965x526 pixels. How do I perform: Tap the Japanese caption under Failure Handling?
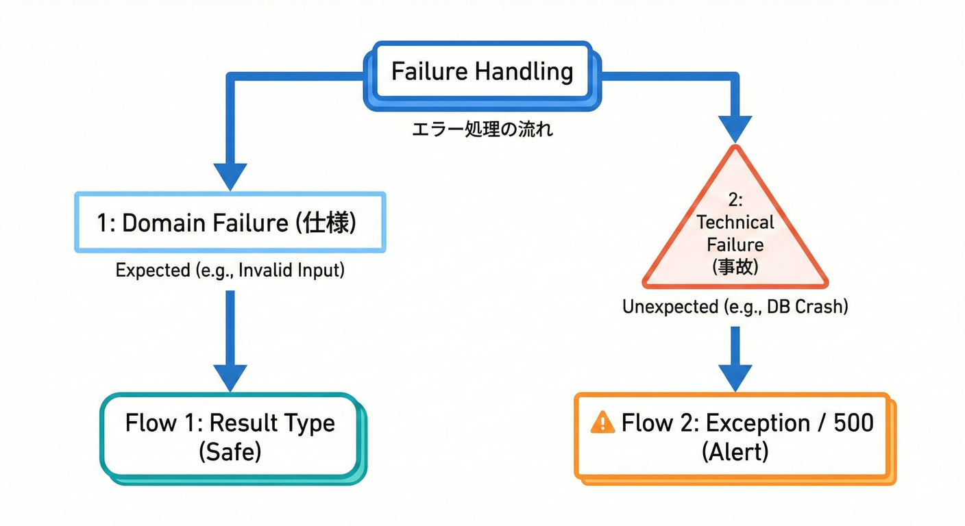coord(482,129)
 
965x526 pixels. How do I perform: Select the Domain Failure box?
coord(230,223)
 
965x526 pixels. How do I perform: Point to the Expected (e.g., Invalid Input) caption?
coord(230,270)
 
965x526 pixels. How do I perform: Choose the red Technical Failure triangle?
coord(735,233)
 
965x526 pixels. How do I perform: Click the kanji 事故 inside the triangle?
coord(735,267)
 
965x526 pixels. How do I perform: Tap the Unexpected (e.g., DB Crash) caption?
coord(735,307)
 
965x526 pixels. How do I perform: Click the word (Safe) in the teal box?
coord(230,453)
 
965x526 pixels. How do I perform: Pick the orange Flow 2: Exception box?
coord(733,437)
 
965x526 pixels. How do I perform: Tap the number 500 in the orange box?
coord(853,423)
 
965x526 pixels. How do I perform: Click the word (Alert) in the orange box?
coord(735,453)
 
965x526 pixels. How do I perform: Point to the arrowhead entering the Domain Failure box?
coord(230,175)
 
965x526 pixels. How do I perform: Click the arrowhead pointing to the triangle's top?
coord(735,127)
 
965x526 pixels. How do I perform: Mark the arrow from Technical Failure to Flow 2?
coord(735,358)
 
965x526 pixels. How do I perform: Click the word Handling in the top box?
coord(527,71)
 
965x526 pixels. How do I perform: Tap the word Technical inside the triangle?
coord(735,222)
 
